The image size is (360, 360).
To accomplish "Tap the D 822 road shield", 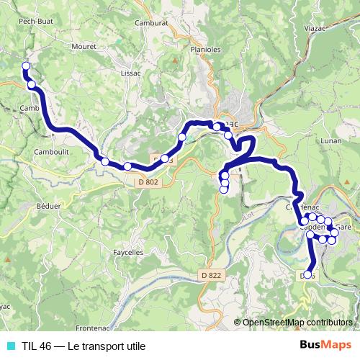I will coord(212,276).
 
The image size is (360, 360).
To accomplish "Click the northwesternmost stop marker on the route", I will coord(26,66).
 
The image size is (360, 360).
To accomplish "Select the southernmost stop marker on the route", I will coord(307,274).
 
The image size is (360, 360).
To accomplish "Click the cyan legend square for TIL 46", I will coord(10,346).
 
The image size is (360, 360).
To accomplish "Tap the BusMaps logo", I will coord(327,345).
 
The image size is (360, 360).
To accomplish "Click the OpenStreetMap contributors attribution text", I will coord(298,323).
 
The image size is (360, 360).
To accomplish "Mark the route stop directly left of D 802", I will coord(127,166).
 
